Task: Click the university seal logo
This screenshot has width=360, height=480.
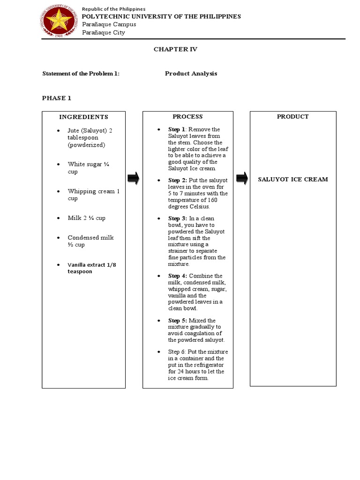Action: tap(59, 22)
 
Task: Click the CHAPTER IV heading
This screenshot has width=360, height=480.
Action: tap(172, 49)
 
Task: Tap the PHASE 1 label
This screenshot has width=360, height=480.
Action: tap(57, 98)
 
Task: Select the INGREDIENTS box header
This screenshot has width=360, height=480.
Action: tap(83, 117)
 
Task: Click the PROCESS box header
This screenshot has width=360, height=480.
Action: tap(187, 117)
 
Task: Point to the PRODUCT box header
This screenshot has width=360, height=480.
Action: tap(292, 117)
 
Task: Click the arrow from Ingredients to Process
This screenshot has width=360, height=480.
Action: tap(134, 178)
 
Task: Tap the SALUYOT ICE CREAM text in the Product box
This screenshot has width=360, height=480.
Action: tap(293, 180)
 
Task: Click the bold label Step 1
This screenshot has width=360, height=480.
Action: tap(177, 129)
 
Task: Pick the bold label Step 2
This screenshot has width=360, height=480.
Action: tap(178, 180)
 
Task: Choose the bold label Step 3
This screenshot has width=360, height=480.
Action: tap(178, 218)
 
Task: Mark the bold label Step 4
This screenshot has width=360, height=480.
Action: tap(178, 276)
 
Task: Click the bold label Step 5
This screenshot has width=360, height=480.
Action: tap(178, 321)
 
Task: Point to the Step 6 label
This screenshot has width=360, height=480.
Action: tap(177, 352)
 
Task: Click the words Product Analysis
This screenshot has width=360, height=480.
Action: tap(191, 74)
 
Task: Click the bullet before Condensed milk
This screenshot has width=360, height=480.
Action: tap(58, 238)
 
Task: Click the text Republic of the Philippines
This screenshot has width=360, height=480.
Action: tap(113, 9)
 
